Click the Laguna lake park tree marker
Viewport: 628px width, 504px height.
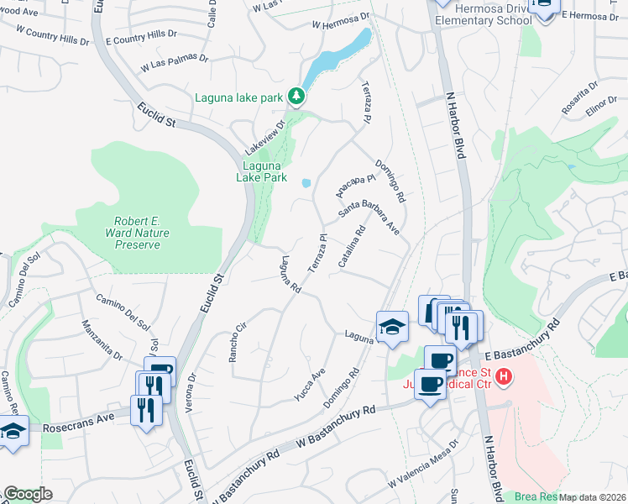(x=296, y=97)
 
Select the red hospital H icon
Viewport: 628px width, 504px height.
(x=503, y=377)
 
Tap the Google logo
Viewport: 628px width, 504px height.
(x=29, y=494)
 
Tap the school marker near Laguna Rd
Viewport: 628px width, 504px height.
(x=392, y=326)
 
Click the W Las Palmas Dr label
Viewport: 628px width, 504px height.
(x=174, y=61)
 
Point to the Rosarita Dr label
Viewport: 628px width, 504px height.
(x=580, y=97)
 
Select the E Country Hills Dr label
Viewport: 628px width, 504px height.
(x=141, y=39)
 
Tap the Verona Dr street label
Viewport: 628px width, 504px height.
(x=193, y=385)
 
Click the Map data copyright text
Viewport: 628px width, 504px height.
(x=593, y=498)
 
